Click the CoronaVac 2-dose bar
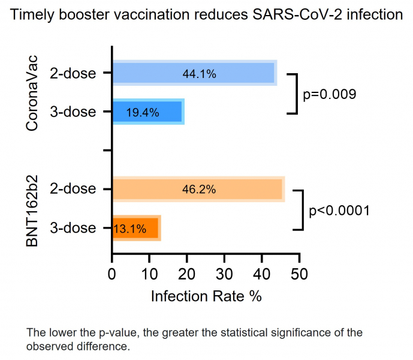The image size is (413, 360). tap(240, 73)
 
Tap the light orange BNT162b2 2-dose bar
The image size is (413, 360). tap(252, 190)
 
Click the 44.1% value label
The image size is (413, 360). tap(199, 74)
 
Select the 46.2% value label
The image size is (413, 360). tap(199, 190)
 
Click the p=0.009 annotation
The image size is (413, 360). tap(330, 94)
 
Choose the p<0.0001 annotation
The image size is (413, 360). tap(339, 211)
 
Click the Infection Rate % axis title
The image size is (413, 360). tap(206, 296)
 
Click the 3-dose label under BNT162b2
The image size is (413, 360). tap(73, 229)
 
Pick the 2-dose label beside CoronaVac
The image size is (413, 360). tap(73, 74)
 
